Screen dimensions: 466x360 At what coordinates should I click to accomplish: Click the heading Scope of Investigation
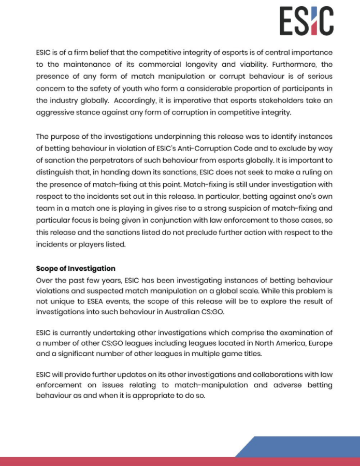coord(76,268)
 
